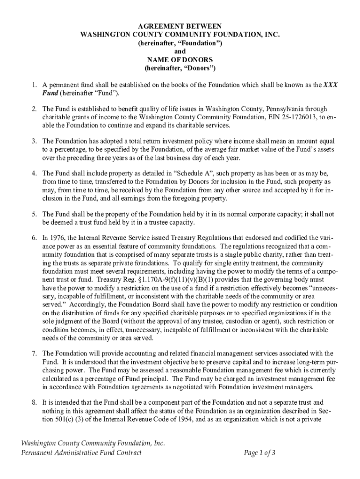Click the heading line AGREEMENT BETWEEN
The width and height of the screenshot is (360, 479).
coord(180,26)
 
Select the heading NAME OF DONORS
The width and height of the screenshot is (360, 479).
coord(180,60)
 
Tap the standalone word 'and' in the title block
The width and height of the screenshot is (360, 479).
coord(180,51)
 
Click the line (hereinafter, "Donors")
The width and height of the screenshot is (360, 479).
coord(180,68)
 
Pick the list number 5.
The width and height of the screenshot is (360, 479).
coord(34,214)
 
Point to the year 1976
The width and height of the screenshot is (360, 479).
coord(58,238)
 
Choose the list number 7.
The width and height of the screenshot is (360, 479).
coord(34,353)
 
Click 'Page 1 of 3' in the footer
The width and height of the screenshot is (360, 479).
coord(259,452)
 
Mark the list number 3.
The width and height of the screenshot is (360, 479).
coord(34,141)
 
